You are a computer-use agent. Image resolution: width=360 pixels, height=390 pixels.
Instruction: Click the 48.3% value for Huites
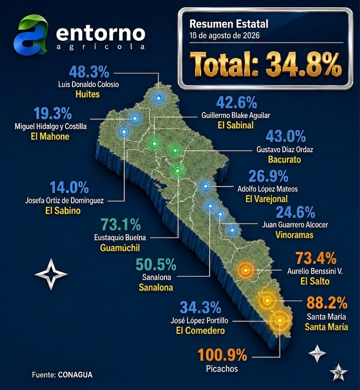(89, 72)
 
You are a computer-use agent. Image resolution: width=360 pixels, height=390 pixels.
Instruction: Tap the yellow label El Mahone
(50, 137)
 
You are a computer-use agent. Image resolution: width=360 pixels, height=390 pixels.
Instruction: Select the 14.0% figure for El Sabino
(69, 187)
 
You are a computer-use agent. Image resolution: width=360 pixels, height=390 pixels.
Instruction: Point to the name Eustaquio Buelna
(120, 237)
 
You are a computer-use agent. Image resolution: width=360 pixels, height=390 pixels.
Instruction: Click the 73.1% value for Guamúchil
(121, 224)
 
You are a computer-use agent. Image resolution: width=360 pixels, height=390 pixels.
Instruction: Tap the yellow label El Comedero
(200, 331)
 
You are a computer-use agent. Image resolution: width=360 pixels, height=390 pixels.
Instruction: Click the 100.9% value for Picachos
(222, 355)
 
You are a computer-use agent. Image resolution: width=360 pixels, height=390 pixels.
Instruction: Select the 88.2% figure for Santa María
(327, 302)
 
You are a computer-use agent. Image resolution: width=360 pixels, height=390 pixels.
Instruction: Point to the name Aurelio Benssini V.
(315, 271)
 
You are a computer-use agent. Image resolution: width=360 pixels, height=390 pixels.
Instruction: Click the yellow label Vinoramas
(294, 235)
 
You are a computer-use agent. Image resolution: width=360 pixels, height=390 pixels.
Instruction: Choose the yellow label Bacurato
(284, 159)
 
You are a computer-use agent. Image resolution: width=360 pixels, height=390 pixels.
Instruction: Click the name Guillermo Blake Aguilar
(236, 115)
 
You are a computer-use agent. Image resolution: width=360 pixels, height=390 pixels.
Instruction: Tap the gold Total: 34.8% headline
(266, 64)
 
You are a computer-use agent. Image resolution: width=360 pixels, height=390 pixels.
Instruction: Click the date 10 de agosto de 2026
(224, 36)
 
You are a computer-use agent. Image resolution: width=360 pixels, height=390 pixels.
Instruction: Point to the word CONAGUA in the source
(75, 375)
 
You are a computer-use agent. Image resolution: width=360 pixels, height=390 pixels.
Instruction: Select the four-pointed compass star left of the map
(51, 274)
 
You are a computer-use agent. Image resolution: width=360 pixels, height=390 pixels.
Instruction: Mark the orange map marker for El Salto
(245, 270)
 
